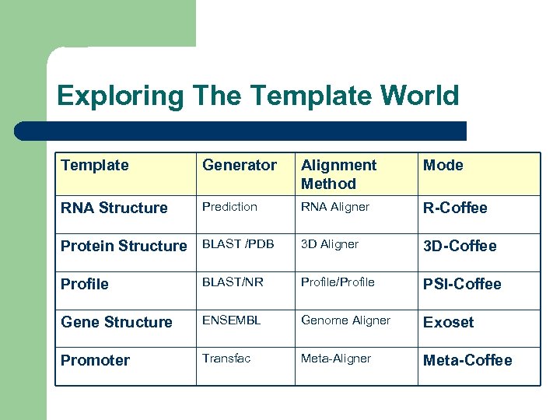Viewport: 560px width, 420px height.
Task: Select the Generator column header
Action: click(239, 165)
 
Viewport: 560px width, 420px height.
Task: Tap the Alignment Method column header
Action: click(338, 174)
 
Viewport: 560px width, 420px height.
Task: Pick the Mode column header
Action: click(443, 165)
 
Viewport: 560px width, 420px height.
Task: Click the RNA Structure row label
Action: click(114, 208)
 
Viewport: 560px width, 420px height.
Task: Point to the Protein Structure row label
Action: click(124, 246)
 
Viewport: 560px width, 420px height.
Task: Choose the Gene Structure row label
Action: click(116, 322)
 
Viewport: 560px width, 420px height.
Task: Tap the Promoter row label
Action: click(95, 360)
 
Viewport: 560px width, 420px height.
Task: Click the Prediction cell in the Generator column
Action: click(229, 206)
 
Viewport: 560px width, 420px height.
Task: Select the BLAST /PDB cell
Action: click(238, 244)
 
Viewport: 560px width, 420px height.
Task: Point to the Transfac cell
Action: click(226, 359)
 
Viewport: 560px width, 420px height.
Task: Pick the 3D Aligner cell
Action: click(330, 244)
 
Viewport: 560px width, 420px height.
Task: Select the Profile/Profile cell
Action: click(338, 282)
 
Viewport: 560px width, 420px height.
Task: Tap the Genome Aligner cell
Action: click(345, 320)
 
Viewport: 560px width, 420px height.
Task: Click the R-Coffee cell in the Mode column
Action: click(454, 208)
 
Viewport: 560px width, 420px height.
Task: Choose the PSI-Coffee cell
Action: click(462, 284)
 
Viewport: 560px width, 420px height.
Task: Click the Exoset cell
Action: click(448, 322)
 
